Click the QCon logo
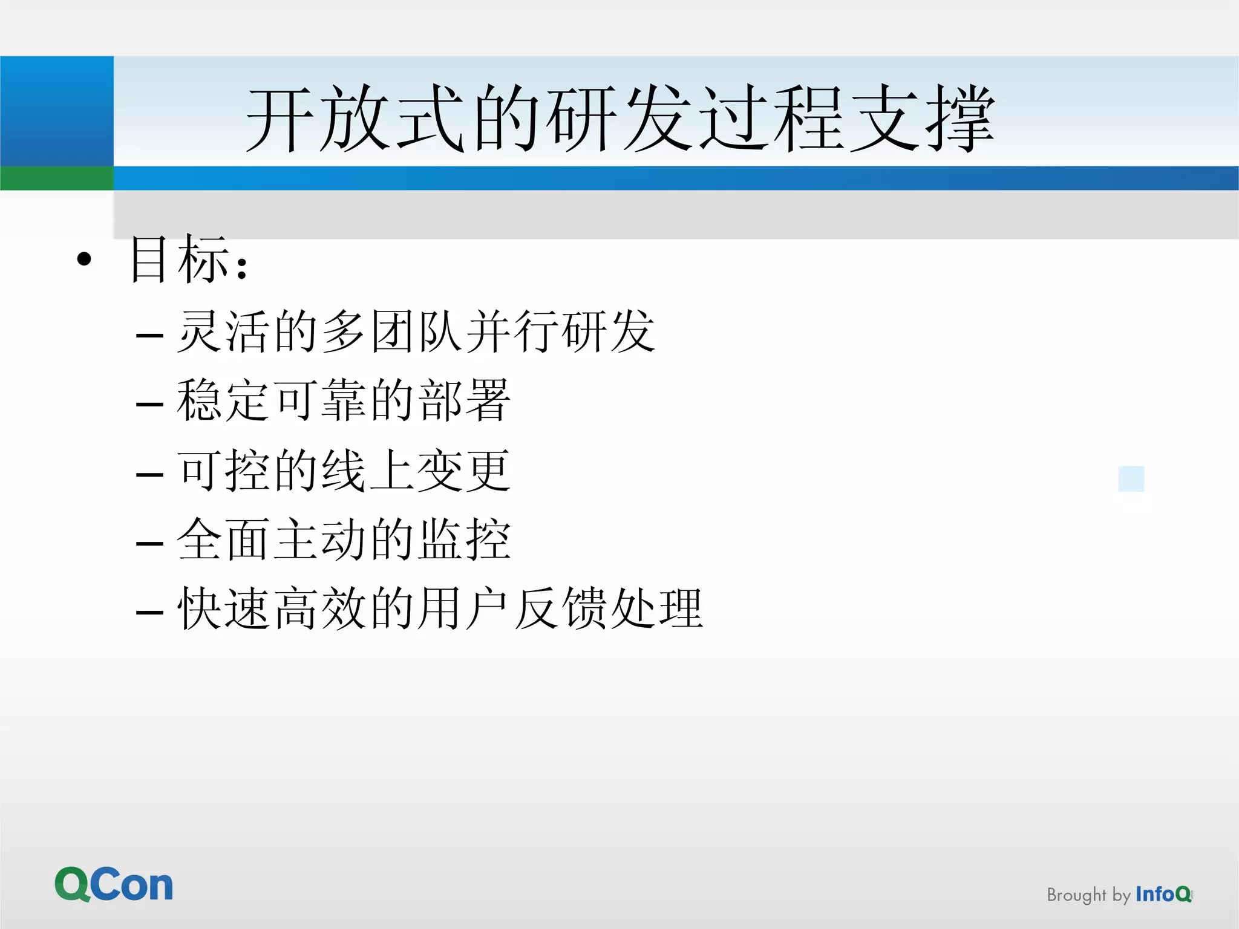114,884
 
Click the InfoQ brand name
1163,894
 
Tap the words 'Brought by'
1088,895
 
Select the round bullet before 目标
84,259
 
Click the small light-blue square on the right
1131,478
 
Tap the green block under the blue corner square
56,178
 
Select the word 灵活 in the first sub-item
223,331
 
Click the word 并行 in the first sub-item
514,331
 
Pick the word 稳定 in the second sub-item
223,400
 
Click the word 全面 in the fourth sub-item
223,539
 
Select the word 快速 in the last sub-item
223,608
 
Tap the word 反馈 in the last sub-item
561,608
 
